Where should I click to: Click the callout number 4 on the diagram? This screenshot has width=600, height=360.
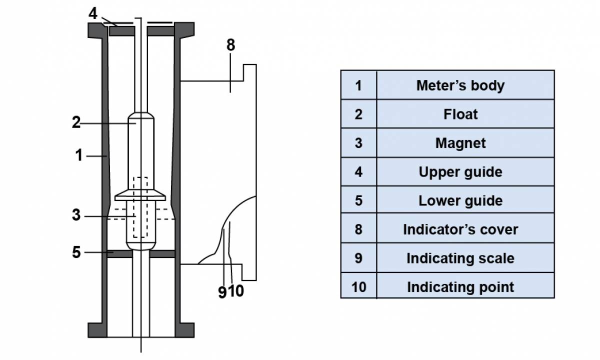click(x=93, y=13)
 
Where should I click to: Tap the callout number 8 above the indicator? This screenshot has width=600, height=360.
click(x=230, y=45)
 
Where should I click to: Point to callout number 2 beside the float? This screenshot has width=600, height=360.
click(x=76, y=122)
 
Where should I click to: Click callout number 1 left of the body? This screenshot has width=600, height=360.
click(x=79, y=155)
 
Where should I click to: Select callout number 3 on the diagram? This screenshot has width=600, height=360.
click(x=76, y=215)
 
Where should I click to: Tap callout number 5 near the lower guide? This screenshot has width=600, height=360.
click(x=76, y=252)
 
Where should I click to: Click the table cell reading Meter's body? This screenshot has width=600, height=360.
click(x=460, y=85)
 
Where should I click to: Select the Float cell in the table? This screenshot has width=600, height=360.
click(x=460, y=114)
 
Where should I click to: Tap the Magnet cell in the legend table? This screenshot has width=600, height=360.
click(x=460, y=143)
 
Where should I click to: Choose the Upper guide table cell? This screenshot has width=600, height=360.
click(x=460, y=172)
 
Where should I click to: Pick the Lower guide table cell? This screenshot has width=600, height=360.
click(x=460, y=200)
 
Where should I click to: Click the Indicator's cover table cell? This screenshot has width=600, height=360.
click(x=460, y=229)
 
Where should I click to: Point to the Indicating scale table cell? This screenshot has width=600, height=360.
click(x=460, y=258)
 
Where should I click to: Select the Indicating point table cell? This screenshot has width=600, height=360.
click(x=460, y=287)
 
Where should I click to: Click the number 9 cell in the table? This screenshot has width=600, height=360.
click(x=358, y=258)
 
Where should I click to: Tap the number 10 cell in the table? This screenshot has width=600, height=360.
click(x=358, y=287)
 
